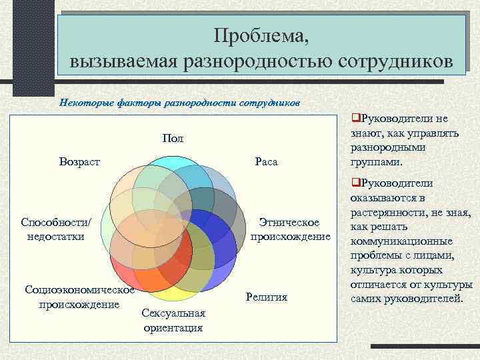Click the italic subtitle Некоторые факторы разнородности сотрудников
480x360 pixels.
(x=180, y=103)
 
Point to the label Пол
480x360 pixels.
(x=172, y=138)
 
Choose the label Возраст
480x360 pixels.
(x=79, y=162)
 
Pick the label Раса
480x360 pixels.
(x=266, y=162)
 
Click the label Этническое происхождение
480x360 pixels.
(x=290, y=229)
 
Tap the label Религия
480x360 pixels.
(x=266, y=297)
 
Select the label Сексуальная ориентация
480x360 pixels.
(x=173, y=320)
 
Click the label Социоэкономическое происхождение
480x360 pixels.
(x=79, y=297)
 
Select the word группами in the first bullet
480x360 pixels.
(x=371, y=162)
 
